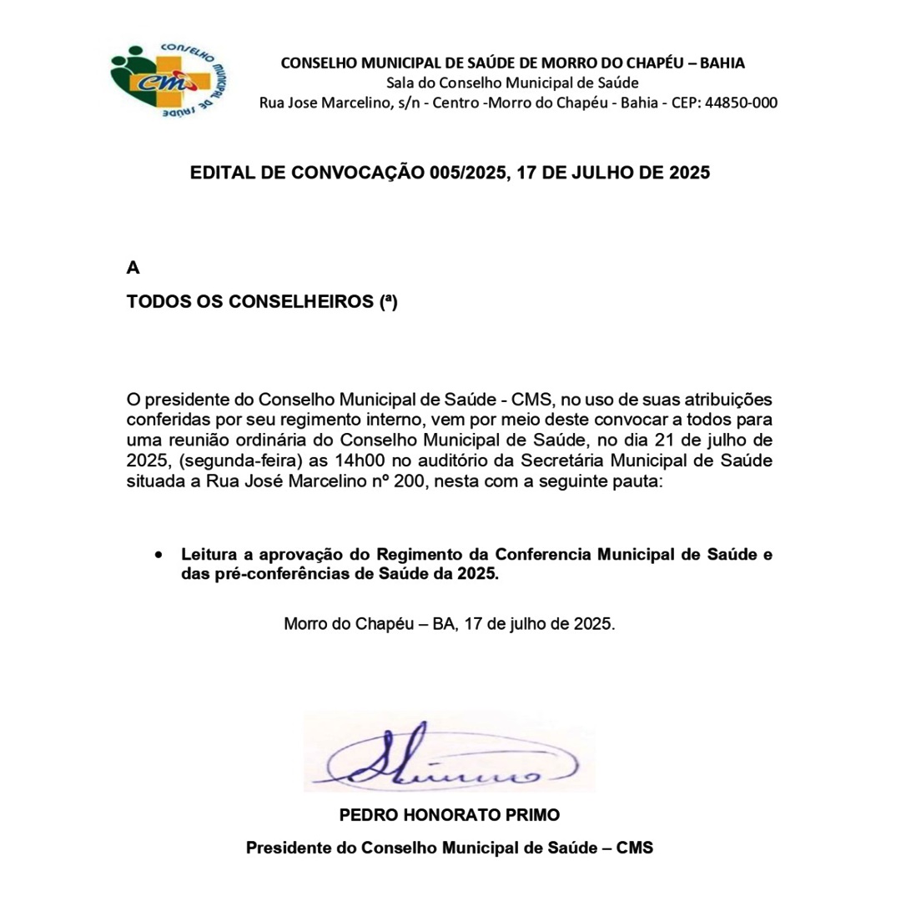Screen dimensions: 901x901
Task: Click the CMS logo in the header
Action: pyautogui.click(x=170, y=80)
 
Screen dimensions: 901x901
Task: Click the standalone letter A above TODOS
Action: pyautogui.click(x=133, y=268)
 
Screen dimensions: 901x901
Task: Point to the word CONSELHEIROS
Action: pyautogui.click(x=300, y=301)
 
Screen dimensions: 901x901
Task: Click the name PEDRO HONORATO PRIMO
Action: pyautogui.click(x=450, y=813)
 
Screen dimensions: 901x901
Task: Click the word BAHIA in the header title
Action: pyautogui.click(x=722, y=63)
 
